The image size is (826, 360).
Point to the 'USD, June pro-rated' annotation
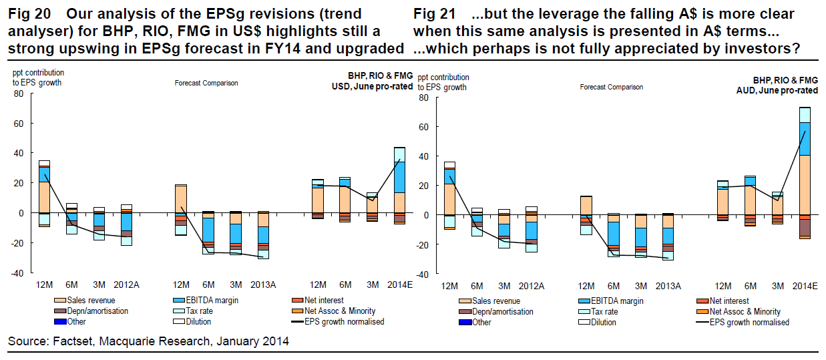click(372, 87)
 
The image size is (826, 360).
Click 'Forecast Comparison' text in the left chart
click(206, 83)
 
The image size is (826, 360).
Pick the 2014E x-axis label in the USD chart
click(399, 285)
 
